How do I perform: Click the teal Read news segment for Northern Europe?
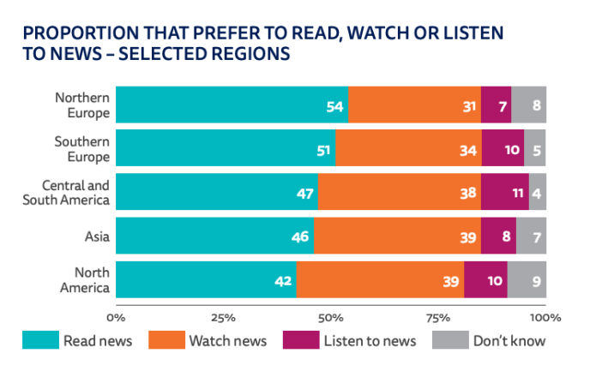pos(232,104)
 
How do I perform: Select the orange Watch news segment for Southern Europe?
pos(408,147)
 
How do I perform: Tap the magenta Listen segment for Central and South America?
pos(504,191)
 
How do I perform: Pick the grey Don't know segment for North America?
pos(527,278)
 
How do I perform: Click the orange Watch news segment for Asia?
pos(397,235)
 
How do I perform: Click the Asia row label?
pos(97,235)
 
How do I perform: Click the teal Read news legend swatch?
pos(41,340)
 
